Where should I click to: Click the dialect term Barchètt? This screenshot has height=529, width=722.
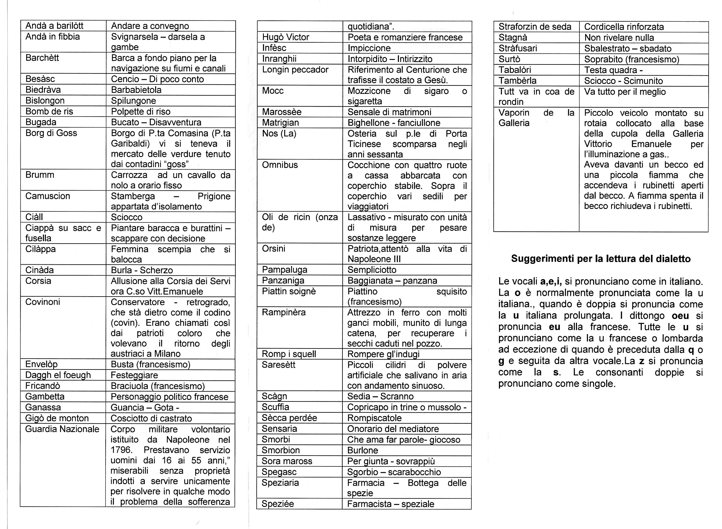(x=42, y=58)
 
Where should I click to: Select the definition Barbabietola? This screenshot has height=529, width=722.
(x=136, y=90)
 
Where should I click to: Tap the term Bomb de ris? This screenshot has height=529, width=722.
(x=49, y=111)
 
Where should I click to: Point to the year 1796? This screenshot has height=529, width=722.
(x=121, y=450)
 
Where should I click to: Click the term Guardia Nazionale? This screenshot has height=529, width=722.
(x=62, y=429)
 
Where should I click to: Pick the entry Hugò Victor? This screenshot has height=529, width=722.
(x=285, y=37)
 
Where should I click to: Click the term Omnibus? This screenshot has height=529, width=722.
(x=280, y=165)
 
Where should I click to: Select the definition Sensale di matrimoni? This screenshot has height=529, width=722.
(x=389, y=112)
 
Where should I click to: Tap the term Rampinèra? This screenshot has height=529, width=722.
(x=284, y=312)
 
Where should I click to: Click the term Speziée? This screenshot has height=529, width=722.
(x=278, y=504)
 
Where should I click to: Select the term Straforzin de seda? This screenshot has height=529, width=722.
(x=535, y=27)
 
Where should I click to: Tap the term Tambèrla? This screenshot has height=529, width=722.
(x=517, y=81)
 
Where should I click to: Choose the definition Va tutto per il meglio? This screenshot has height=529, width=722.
(x=625, y=92)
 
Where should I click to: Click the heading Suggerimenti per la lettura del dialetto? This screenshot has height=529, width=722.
(x=601, y=259)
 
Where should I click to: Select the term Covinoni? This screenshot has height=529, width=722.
(x=43, y=302)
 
